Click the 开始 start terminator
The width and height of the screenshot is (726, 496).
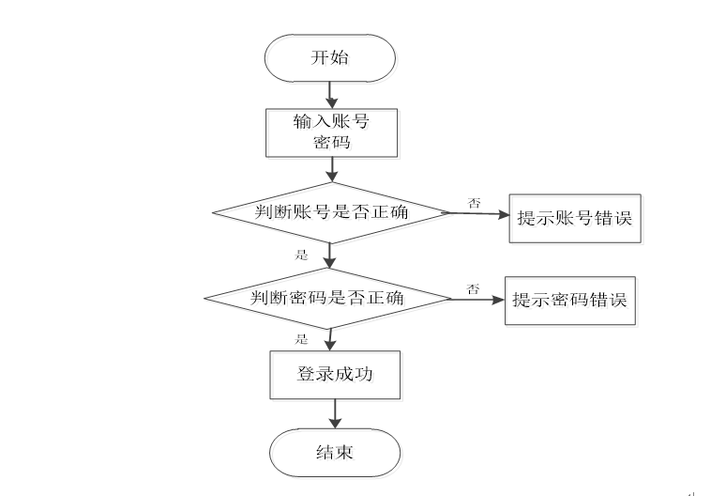pyautogui.click(x=329, y=57)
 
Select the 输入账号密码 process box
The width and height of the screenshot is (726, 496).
pyautogui.click(x=330, y=132)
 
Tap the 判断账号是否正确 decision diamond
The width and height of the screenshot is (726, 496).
pyautogui.click(x=331, y=212)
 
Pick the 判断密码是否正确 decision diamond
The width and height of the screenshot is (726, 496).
pyautogui.click(x=328, y=299)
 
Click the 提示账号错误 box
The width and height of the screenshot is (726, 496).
pyautogui.click(x=574, y=218)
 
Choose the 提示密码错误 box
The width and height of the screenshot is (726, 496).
pyautogui.click(x=570, y=301)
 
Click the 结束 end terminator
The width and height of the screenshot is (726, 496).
pyautogui.click(x=334, y=453)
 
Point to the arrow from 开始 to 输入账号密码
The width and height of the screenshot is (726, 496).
pyautogui.click(x=330, y=94)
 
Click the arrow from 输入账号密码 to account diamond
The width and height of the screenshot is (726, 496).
pyautogui.click(x=331, y=168)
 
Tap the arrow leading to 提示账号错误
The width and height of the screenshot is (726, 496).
pyautogui.click(x=476, y=213)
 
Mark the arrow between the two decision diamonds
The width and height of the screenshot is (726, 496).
pyautogui.click(x=330, y=256)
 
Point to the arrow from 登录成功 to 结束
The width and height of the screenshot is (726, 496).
pyautogui.click(x=334, y=413)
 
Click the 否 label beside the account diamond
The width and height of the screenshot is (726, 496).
pyautogui.click(x=475, y=202)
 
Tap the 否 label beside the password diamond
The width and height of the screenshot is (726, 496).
pyautogui.click(x=474, y=288)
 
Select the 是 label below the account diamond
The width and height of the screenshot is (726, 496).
pyautogui.click(x=301, y=255)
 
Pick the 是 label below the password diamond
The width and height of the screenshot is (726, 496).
pyautogui.click(x=301, y=338)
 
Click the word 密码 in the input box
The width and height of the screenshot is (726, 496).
pyautogui.click(x=330, y=143)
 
